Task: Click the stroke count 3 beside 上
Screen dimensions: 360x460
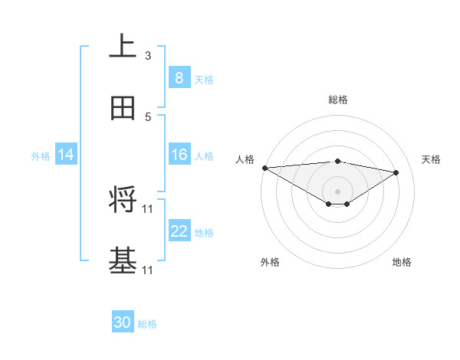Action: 148,55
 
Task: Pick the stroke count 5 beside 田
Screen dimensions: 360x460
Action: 148,116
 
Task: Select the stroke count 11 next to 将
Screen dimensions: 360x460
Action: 149,208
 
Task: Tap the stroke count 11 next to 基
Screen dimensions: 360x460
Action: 149,270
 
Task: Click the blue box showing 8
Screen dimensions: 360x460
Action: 179,78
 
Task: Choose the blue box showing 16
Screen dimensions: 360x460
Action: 179,155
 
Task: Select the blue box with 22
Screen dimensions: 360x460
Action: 179,231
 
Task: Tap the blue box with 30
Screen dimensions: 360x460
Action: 123,323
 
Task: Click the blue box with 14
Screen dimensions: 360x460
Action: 66,155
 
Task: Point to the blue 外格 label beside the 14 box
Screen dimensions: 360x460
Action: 41,155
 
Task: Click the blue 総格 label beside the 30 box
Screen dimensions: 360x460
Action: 147,324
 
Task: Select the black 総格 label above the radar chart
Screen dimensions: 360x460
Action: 337,100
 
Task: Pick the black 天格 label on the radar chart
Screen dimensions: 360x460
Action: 432,159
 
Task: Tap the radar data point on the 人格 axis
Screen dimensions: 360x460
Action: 264,168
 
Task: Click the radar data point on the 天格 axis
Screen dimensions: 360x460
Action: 396,172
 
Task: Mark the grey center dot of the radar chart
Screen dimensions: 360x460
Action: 337,191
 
